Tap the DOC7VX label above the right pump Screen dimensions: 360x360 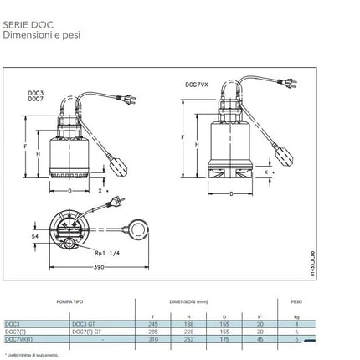197,85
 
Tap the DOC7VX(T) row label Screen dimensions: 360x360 20,339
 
